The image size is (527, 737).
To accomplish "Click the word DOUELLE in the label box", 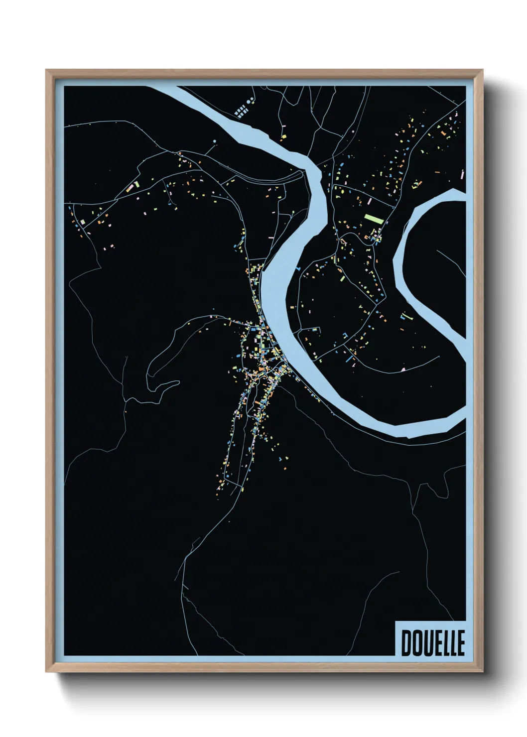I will pyautogui.click(x=432, y=643).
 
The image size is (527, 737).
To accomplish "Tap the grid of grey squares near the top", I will pyautogui.click(x=242, y=111).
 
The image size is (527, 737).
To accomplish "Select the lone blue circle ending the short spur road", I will pyautogui.click(x=215, y=142).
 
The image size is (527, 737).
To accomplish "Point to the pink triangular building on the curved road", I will pyautogui.click(x=403, y=369).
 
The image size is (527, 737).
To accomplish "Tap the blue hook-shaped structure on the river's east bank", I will pyautogui.click(x=298, y=269).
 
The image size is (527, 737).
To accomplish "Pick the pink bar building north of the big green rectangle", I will pyautogui.click(x=370, y=201).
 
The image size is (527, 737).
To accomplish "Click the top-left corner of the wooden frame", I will pyautogui.click(x=46, y=70).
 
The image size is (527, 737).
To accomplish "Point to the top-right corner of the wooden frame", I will pyautogui.click(x=482, y=70).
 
